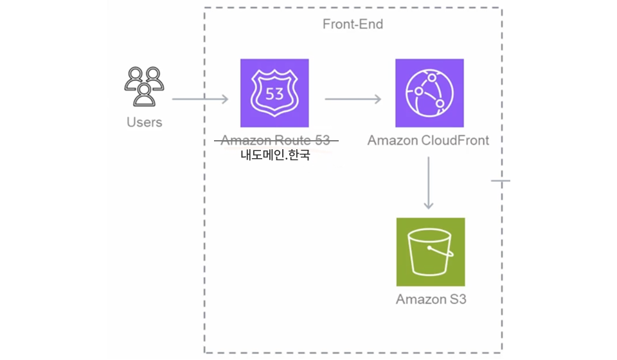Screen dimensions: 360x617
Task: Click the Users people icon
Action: pyautogui.click(x=144, y=86)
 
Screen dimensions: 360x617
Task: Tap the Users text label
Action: pyautogui.click(x=145, y=122)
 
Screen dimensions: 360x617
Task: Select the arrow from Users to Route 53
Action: pyautogui.click(x=200, y=99)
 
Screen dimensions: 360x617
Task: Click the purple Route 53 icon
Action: pyautogui.click(x=274, y=93)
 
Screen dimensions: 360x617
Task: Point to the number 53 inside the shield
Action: pyautogui.click(x=274, y=94)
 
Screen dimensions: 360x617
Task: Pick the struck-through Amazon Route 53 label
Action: pyautogui.click(x=275, y=140)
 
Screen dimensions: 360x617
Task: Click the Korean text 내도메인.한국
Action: pyautogui.click(x=275, y=155)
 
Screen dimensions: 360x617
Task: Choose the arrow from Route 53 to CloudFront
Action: pyautogui.click(x=353, y=99)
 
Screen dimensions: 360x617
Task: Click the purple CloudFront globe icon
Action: pyautogui.click(x=429, y=93)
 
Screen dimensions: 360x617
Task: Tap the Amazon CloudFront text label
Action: pyautogui.click(x=428, y=140)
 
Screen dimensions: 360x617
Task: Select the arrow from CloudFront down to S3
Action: pyautogui.click(x=429, y=183)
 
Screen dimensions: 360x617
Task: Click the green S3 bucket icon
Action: pyautogui.click(x=430, y=252)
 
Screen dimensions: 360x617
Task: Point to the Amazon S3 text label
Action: pyautogui.click(x=430, y=300)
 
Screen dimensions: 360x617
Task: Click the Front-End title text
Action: pyautogui.click(x=353, y=24)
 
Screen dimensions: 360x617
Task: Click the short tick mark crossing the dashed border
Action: pyautogui.click(x=501, y=181)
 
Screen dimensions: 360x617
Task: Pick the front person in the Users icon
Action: pyautogui.click(x=144, y=94)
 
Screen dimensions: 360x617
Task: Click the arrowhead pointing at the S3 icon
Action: pyautogui.click(x=429, y=206)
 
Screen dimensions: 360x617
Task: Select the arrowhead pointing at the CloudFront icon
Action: pyautogui.click(x=376, y=99)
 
